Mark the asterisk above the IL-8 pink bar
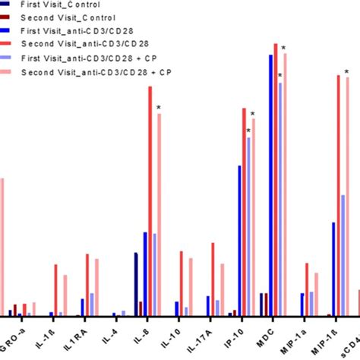159,108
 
